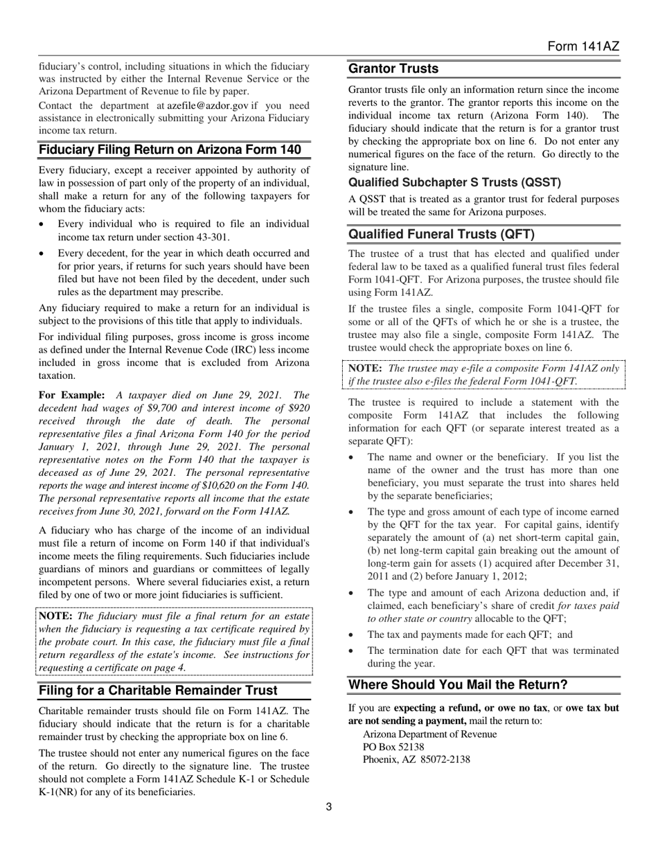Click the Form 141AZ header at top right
tap(583, 46)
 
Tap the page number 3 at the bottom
tap(329, 806)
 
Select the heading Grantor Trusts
tap(393, 69)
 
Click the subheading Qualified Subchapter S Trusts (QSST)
tap(454, 183)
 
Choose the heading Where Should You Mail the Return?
tap(458, 685)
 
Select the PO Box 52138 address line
tap(393, 747)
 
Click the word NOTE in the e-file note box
tap(365, 369)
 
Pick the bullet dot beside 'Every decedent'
tap(44, 254)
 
